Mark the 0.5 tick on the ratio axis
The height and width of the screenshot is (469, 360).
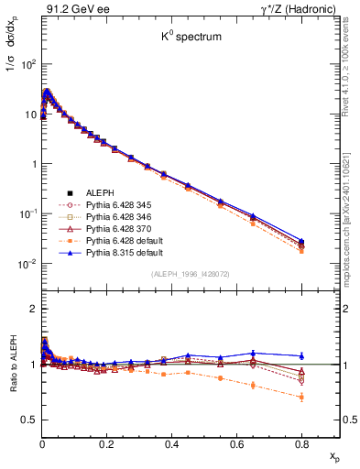coord(28,420)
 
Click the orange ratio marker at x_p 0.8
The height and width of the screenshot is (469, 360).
coord(302,397)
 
